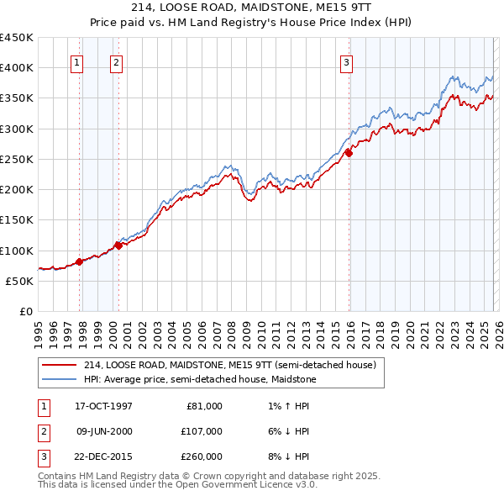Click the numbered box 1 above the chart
coord(76,61)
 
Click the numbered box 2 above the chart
coord(115,61)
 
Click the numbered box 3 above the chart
coord(346,61)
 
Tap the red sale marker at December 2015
coord(349,153)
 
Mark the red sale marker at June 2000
coord(118,245)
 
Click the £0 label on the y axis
coord(25,311)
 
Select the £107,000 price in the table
coord(201,431)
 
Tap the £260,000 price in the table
coord(201,457)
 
